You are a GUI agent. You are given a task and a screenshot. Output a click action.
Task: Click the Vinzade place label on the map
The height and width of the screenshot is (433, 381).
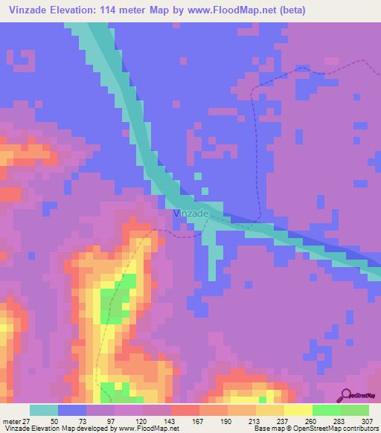tap(190, 214)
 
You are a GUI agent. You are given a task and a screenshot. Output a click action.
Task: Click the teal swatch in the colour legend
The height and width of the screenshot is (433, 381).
tap(44, 410)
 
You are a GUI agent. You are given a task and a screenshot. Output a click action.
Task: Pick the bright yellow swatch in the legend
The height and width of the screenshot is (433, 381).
tap(298, 410)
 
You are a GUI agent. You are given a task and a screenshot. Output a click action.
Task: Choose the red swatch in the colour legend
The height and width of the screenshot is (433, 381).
tap(185, 410)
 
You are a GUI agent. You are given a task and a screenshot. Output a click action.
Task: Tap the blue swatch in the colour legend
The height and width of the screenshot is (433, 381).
tap(72, 410)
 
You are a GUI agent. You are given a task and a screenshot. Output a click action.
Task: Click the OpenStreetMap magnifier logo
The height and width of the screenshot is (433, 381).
tap(345, 394)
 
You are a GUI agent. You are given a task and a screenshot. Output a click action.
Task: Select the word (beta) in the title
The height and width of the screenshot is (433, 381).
tap(289, 10)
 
